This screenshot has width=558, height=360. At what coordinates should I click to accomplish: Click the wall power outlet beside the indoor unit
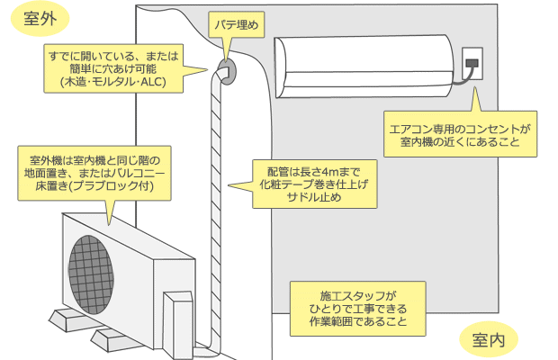point(472,64)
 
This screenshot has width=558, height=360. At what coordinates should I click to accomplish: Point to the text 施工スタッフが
point(357,295)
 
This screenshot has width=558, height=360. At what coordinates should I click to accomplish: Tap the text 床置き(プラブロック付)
point(89,187)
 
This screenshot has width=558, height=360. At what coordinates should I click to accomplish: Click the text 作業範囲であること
point(357,321)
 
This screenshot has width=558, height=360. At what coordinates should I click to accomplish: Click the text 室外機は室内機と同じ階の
point(89,159)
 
